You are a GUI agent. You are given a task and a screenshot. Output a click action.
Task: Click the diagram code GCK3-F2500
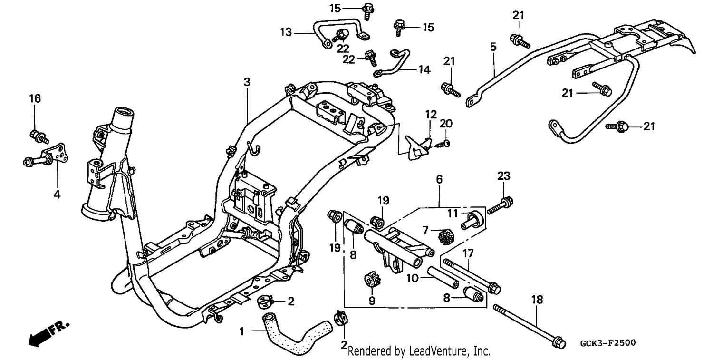608,343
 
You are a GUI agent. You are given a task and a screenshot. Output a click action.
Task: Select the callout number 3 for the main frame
247,82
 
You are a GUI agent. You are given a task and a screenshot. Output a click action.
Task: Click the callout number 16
35,98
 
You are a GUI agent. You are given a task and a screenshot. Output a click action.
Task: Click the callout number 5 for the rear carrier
493,47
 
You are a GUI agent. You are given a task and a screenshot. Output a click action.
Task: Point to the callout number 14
424,69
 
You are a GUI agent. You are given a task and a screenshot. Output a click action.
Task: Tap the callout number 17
468,253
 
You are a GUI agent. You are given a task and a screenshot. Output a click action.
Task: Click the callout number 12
431,114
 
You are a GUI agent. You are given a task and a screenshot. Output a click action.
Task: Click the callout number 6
439,179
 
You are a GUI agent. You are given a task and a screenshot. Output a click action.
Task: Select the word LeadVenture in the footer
439,351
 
